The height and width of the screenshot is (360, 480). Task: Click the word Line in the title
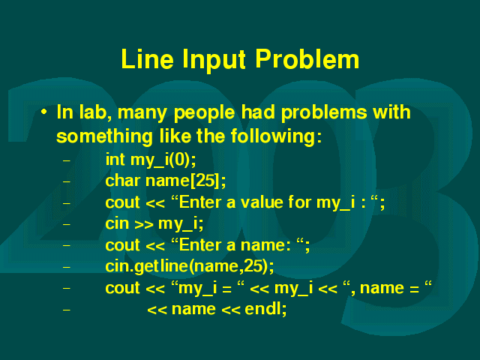148,59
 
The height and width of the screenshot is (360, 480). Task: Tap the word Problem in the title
307,59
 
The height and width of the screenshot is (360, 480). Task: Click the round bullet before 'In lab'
44,112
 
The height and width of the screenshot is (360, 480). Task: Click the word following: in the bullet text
276,136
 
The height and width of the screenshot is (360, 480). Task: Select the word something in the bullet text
104,136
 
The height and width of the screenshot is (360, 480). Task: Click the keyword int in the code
115,160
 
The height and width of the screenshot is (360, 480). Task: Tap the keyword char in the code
123,180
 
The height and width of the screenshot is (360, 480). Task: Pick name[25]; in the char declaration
186,181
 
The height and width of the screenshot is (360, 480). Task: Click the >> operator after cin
144,224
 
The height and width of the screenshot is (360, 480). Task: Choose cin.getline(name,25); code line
190,266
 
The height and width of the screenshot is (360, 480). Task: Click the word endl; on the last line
265,309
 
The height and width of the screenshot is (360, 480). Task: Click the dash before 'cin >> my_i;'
67,224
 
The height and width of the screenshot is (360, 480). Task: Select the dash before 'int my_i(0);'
67,160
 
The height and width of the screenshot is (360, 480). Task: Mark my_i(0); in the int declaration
163,160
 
